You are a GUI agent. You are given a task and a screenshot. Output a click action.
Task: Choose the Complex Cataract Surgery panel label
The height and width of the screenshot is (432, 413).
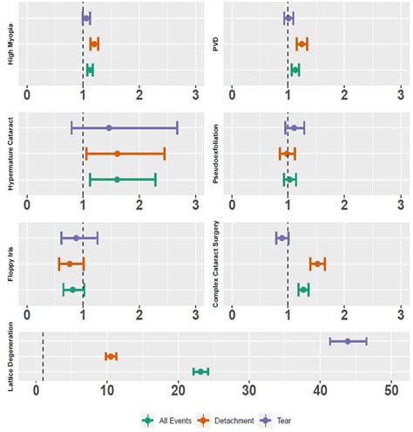[x=215, y=264]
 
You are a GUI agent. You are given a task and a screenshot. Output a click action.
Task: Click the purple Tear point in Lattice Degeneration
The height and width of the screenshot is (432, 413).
[x=348, y=340]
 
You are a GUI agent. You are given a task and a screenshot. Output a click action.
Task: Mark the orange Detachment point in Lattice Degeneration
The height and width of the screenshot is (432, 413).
[x=111, y=356]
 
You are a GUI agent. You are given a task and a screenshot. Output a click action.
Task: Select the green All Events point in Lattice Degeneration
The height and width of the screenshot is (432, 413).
[x=201, y=372]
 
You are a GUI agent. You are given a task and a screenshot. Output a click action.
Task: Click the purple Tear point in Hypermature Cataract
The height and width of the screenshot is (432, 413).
[x=109, y=127]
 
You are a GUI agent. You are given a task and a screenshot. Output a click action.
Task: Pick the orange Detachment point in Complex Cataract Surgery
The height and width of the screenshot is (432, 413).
[x=317, y=264]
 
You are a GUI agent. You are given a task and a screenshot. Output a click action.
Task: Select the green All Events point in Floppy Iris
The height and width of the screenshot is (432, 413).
[x=73, y=290]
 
